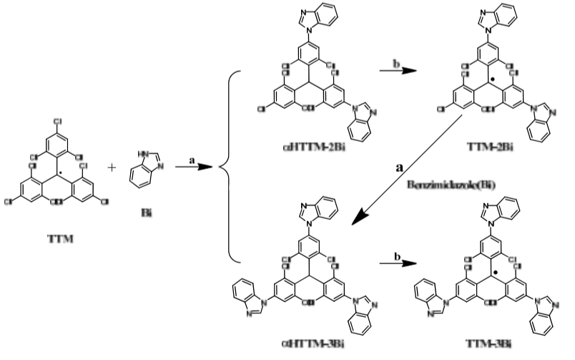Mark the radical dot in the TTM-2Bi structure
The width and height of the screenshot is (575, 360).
[492, 74]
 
